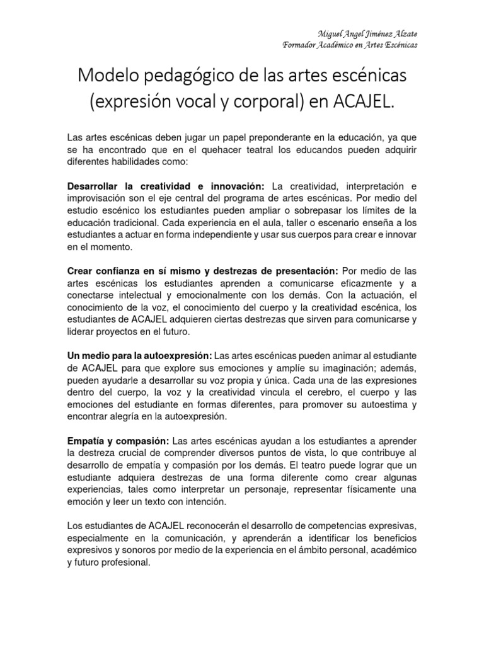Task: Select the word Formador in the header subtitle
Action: click(x=301, y=45)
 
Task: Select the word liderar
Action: click(x=83, y=332)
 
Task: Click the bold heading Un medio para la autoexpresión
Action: click(x=139, y=357)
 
